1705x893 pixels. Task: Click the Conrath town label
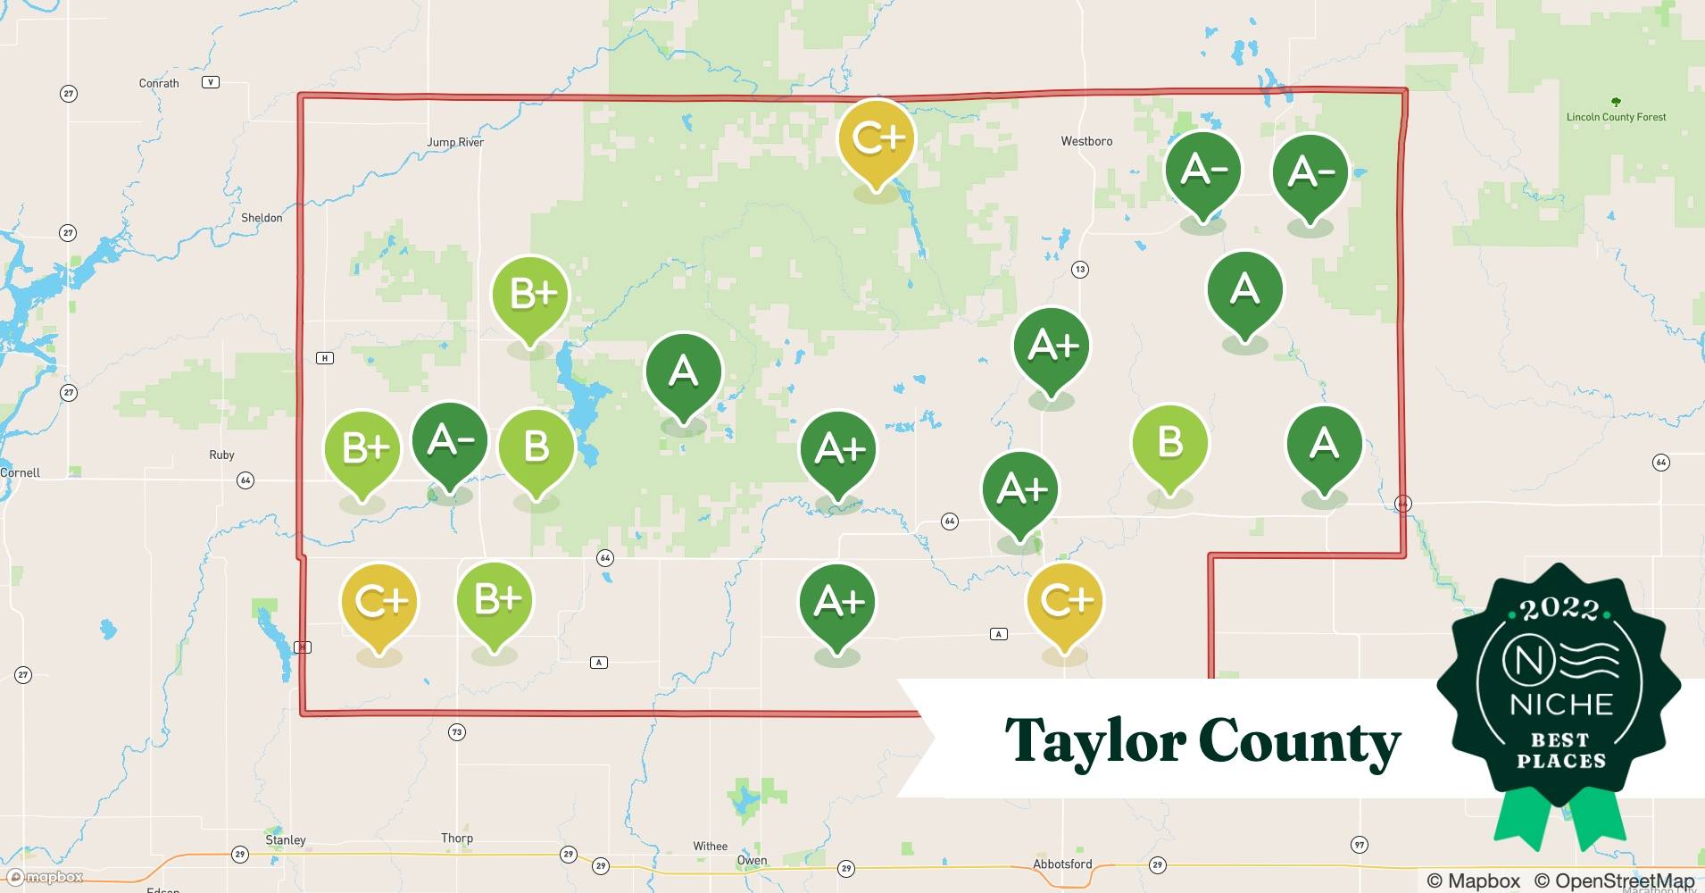tap(159, 83)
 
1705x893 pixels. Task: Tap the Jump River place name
tap(455, 142)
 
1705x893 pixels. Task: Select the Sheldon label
tap(262, 218)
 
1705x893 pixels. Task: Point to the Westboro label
tap(1086, 141)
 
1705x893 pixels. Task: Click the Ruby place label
tap(221, 455)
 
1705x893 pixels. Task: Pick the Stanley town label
tap(286, 839)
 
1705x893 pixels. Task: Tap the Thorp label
tap(457, 838)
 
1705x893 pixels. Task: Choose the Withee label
tap(711, 846)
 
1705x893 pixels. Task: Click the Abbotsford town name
tap(1062, 864)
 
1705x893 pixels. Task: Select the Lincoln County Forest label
tap(1616, 117)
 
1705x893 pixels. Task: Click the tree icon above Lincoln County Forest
tap(1616, 102)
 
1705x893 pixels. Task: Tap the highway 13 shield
tap(1080, 270)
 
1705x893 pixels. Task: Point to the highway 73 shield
tap(457, 732)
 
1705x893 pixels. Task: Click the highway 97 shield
tap(1360, 845)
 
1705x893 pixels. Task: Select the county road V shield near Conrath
tap(211, 82)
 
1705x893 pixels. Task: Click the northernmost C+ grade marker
tap(877, 140)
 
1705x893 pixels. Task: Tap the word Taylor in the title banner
tap(1094, 741)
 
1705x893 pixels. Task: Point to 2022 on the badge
tap(1559, 609)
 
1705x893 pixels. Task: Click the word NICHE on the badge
tap(1561, 705)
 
